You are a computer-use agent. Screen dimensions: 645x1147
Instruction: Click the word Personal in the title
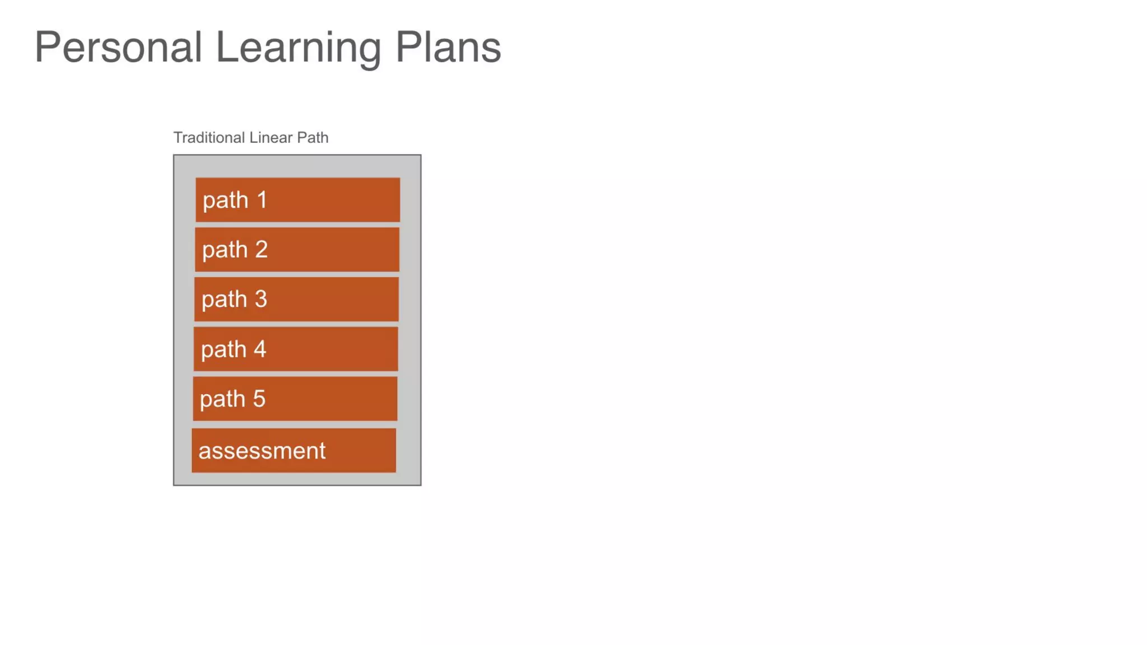click(118, 48)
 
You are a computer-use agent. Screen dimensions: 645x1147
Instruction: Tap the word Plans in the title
click(448, 48)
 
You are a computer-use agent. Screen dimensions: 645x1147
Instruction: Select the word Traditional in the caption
click(209, 138)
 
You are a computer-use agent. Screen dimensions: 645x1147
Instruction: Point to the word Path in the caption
click(313, 138)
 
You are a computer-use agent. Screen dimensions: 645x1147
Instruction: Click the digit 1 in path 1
click(262, 200)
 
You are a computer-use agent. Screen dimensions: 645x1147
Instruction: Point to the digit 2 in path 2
click(261, 249)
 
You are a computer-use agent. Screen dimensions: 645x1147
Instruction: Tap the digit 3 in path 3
click(260, 299)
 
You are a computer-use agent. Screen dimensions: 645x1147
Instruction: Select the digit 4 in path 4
click(260, 349)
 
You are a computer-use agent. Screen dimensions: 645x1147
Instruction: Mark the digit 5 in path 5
click(259, 399)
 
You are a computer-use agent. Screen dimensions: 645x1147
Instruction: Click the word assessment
click(262, 451)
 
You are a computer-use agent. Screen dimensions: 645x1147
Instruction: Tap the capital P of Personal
click(47, 48)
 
